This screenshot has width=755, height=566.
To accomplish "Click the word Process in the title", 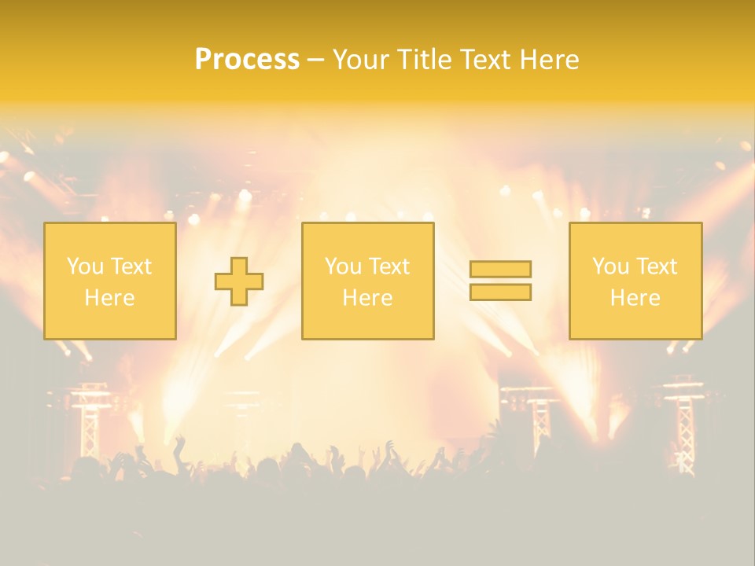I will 247,60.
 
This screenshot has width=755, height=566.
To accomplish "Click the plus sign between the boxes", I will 239,281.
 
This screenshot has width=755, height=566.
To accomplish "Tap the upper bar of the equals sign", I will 500,269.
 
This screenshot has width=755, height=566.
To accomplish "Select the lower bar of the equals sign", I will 500,292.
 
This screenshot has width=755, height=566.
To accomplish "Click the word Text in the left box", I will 130,266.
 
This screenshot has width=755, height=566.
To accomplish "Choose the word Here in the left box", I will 109,298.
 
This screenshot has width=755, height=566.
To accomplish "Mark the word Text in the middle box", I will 388,266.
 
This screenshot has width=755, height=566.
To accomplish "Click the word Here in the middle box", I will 367,298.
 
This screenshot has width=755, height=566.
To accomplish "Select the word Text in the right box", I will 655,266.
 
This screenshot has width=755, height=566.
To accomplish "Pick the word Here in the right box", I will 635,298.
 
